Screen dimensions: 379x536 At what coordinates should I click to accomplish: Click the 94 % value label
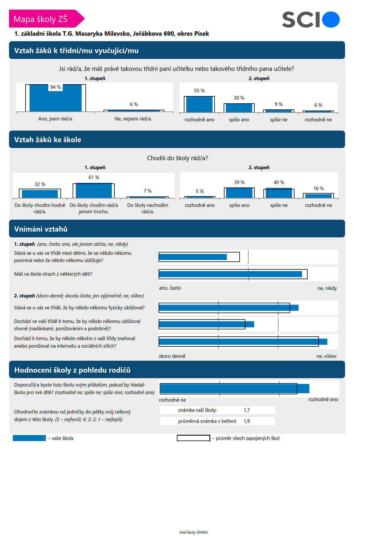[55, 87]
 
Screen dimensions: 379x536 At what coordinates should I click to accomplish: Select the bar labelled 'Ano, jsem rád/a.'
[55, 98]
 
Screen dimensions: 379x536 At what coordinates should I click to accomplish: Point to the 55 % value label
[200, 91]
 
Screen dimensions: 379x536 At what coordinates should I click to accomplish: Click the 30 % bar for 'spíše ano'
[239, 108]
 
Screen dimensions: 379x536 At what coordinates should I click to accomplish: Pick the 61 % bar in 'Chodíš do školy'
[94, 191]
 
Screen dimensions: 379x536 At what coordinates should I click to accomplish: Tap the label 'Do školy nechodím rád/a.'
[148, 208]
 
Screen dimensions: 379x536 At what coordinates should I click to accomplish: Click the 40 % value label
[279, 182]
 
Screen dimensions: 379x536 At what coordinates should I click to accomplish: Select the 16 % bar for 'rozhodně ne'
[319, 196]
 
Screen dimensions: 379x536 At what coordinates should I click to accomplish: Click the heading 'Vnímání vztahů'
[41, 229]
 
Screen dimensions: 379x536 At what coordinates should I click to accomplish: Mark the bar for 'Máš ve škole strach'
[231, 274]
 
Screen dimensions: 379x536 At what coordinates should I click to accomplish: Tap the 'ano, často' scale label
[170, 288]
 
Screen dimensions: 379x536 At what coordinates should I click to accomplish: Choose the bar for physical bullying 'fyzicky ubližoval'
[229, 308]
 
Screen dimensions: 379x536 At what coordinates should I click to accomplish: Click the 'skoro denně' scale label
[172, 356]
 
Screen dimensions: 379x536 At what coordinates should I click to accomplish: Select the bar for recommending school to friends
[235, 389]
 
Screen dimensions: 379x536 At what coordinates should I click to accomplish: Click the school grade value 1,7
[247, 410]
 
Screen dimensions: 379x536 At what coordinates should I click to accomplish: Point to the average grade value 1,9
[247, 421]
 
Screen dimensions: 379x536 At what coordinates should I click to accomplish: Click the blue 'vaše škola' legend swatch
[29, 438]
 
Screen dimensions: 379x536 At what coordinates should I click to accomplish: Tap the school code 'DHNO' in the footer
[202, 532]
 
